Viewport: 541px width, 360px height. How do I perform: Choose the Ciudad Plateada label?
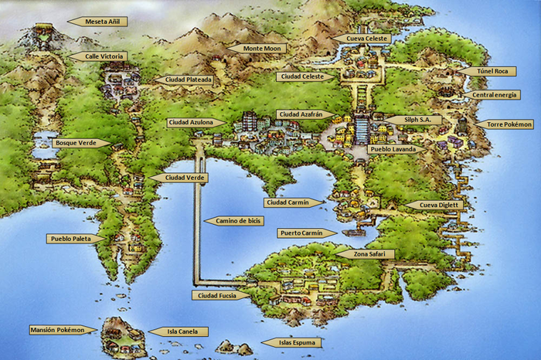pyautogui.click(x=184, y=80)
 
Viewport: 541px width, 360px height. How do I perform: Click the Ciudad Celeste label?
pyautogui.click(x=305, y=76)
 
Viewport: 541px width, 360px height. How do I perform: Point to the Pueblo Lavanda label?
pyautogui.click(x=393, y=149)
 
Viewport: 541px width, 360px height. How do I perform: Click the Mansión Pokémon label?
pyautogui.click(x=62, y=330)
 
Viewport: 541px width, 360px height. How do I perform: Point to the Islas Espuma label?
pyautogui.click(x=291, y=342)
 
